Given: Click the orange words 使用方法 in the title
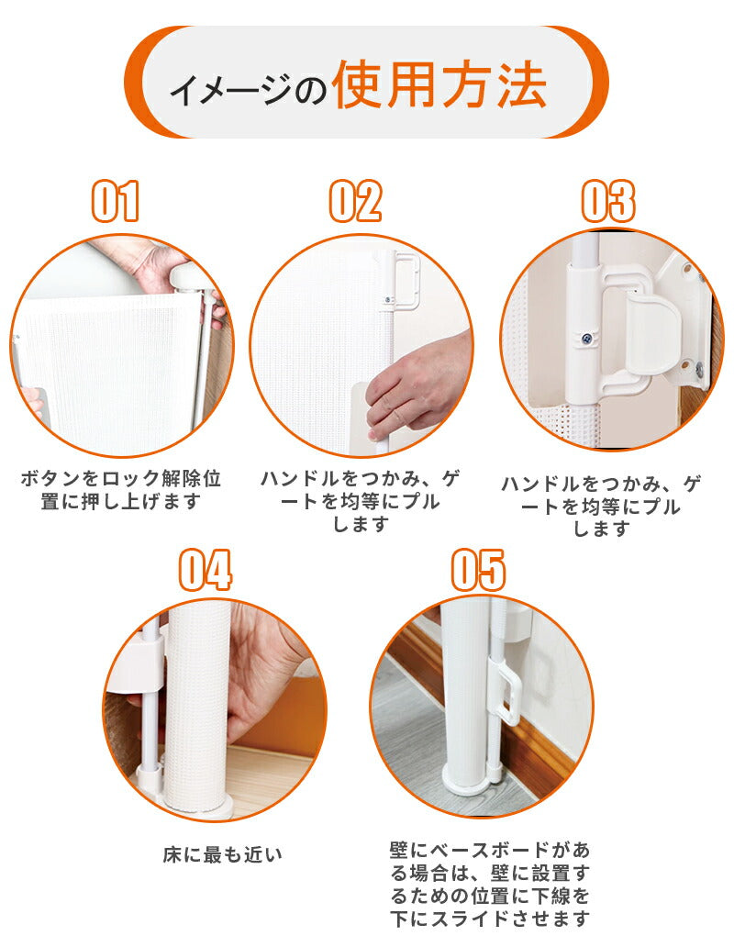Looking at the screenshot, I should pyautogui.click(x=439, y=86).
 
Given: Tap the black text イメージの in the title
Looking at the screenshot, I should pyautogui.click(x=248, y=91).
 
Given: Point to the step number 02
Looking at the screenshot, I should pyautogui.click(x=355, y=201).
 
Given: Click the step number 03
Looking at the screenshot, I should pyautogui.click(x=608, y=201).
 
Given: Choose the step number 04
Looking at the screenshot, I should pyautogui.click(x=205, y=570).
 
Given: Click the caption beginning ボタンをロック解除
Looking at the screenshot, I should pyautogui.click(x=121, y=491).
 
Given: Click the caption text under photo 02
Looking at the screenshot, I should pyautogui.click(x=361, y=501).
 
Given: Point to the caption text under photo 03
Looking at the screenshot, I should pyautogui.click(x=602, y=506).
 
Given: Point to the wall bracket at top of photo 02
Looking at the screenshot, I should pyautogui.click(x=401, y=280).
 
